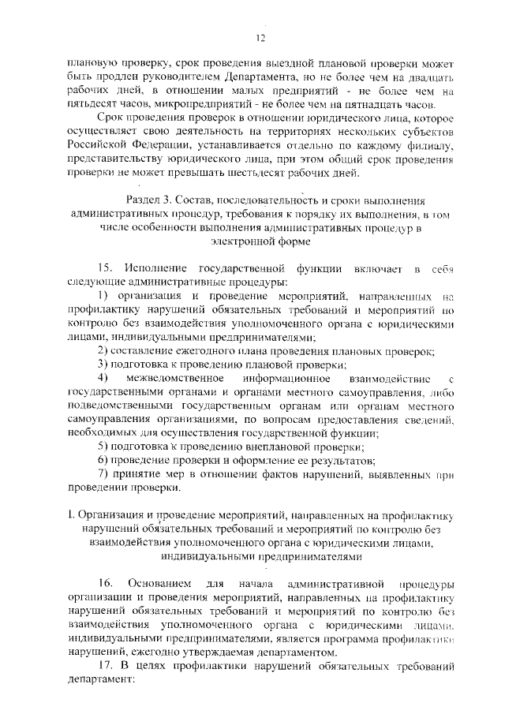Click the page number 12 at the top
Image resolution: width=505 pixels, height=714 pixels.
tap(260, 39)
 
